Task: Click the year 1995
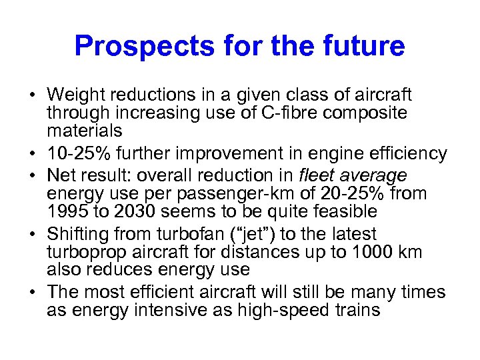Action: [68, 211]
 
